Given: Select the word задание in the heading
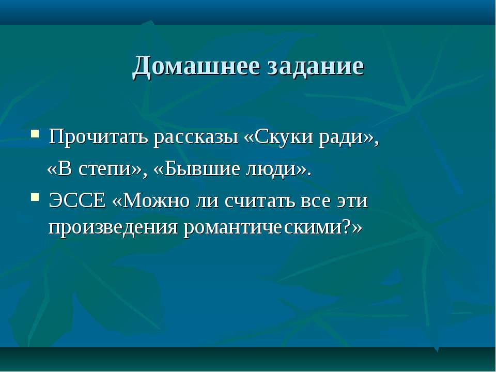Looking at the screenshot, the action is (316, 66).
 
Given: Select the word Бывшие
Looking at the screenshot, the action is (202, 168).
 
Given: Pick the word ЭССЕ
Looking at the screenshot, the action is (77, 200).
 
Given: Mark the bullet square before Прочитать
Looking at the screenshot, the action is (35, 133).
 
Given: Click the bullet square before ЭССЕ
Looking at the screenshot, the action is (35, 198).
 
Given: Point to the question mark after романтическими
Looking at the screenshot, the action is (347, 226).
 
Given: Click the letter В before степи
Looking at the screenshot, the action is (65, 168).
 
